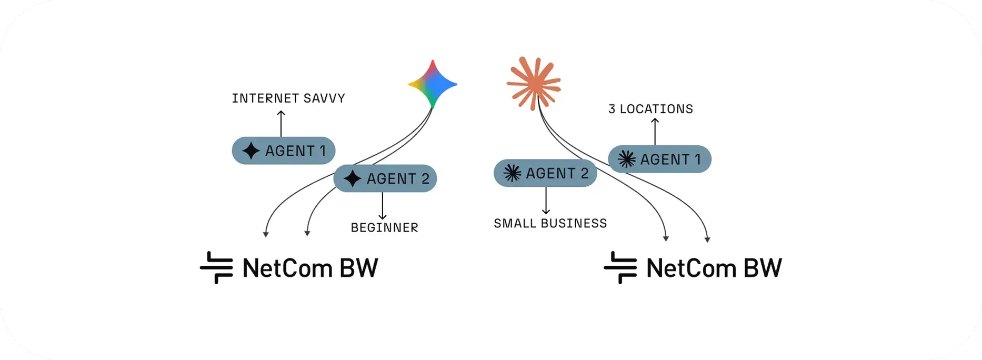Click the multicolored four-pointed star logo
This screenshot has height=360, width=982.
click(433, 84)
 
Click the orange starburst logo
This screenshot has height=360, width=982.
click(533, 83)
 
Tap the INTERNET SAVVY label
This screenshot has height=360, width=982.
click(288, 98)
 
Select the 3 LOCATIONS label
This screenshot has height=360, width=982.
click(650, 109)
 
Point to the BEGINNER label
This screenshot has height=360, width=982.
click(384, 227)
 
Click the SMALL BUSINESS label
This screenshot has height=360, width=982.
click(550, 223)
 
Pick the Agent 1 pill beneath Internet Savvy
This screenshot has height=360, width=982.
click(284, 151)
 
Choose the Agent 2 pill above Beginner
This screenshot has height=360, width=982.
click(385, 178)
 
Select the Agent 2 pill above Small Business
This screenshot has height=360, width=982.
click(545, 173)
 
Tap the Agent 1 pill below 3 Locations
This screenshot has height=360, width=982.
click(659, 159)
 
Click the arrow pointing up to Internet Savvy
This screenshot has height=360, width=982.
click(281, 124)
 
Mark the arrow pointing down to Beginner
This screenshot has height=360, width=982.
click(383, 206)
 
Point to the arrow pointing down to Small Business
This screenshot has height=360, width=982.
click(546, 201)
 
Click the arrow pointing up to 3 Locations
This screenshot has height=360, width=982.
click(655, 132)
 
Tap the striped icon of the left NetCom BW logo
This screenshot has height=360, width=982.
click(216, 268)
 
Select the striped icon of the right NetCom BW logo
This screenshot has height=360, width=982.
click(620, 268)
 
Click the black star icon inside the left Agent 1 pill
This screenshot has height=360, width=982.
click(251, 151)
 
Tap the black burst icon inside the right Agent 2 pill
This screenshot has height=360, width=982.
click(512, 173)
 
